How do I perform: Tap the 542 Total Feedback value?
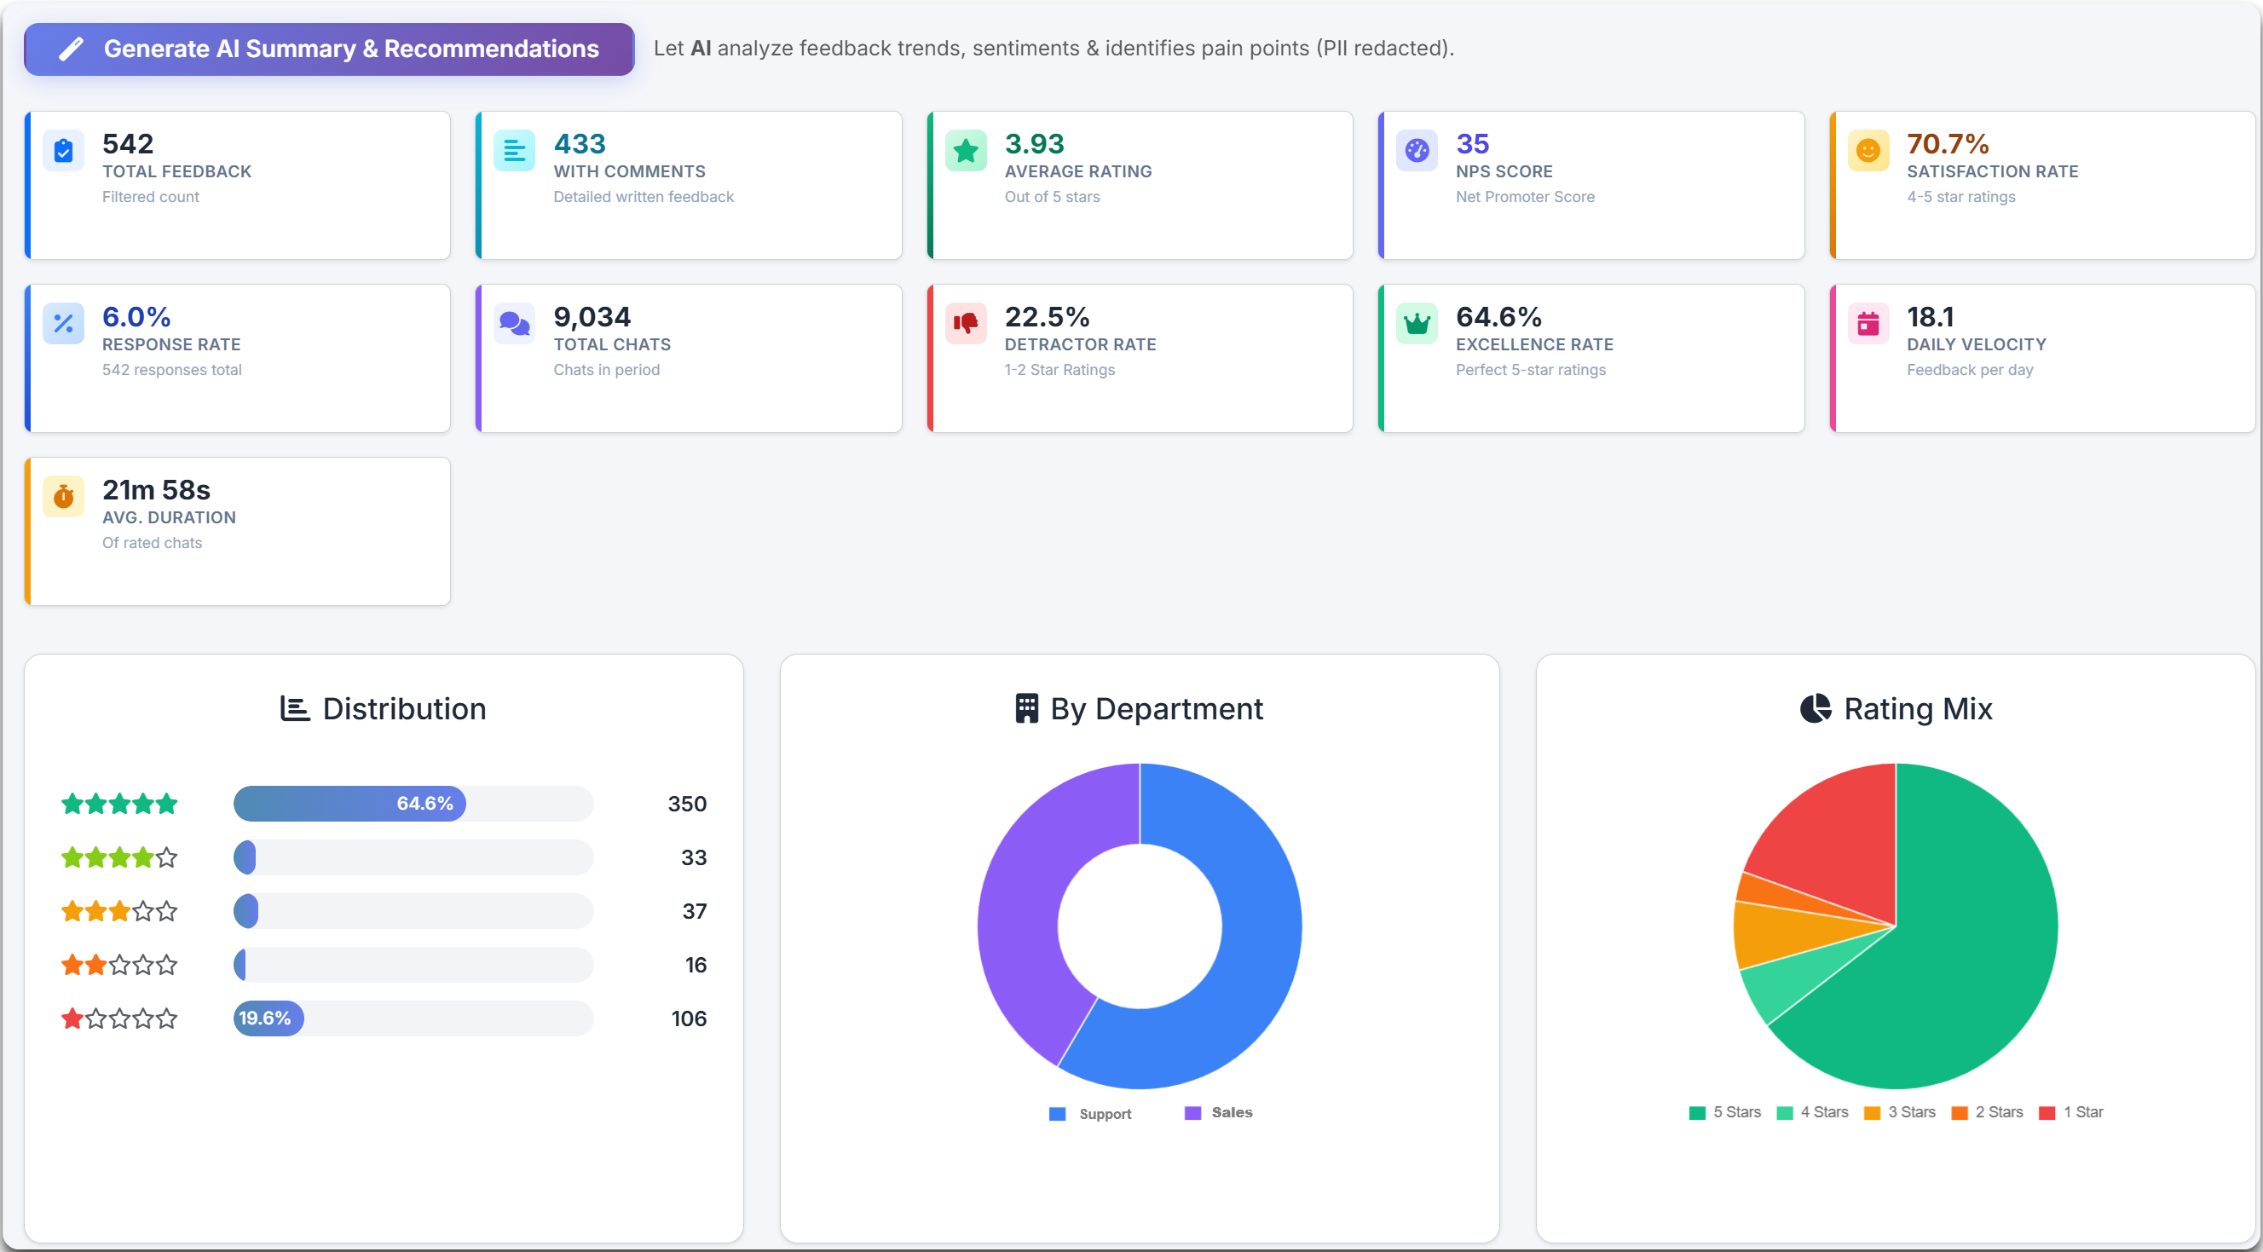pos(127,144)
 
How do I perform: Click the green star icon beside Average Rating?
pos(966,151)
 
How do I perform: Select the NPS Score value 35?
pos(1472,144)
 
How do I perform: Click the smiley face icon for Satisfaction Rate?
pos(1868,151)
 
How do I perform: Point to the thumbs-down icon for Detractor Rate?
pos(966,323)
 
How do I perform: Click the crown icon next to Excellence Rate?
pos(1416,323)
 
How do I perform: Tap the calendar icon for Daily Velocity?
pos(1868,323)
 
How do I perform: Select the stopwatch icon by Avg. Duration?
pos(63,496)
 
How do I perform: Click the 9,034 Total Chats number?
pos(592,317)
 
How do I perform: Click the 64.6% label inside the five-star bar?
pos(424,803)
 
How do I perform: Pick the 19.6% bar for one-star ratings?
pos(268,1018)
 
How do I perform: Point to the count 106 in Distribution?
pos(689,1018)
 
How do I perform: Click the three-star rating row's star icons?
pos(119,911)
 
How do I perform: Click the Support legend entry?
pos(1091,1113)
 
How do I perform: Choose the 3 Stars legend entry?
pos(1900,1112)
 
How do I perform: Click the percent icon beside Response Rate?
pos(63,323)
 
